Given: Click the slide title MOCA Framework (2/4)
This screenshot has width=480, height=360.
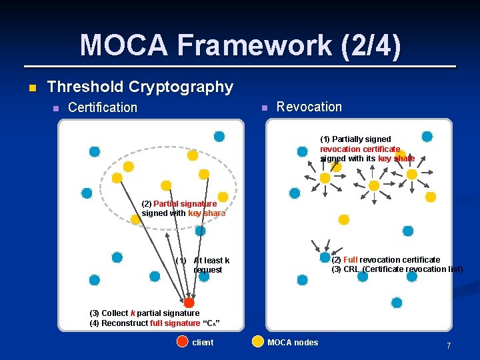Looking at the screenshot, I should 240,45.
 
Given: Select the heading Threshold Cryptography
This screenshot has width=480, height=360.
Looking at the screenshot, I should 140,87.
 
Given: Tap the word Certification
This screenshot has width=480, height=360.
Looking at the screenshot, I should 103,107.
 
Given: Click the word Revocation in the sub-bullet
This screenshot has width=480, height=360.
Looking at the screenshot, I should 309,107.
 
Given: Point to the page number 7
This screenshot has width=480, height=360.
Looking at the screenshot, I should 449,346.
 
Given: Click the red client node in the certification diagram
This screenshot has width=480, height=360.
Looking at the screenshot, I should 189,303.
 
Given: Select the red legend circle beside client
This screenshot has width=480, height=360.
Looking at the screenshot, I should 183,342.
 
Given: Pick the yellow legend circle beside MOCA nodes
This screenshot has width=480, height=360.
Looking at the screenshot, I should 257,342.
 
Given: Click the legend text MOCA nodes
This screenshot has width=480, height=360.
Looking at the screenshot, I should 293,343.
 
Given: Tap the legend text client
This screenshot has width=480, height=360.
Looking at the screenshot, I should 203,343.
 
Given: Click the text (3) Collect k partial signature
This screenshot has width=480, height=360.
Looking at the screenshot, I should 145,313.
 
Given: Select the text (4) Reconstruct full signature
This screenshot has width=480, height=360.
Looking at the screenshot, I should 155,323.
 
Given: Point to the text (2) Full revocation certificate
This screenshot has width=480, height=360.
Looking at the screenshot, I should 386,259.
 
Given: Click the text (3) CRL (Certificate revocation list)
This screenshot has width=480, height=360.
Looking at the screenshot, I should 397,269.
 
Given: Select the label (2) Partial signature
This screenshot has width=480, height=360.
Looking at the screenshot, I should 179,203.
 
